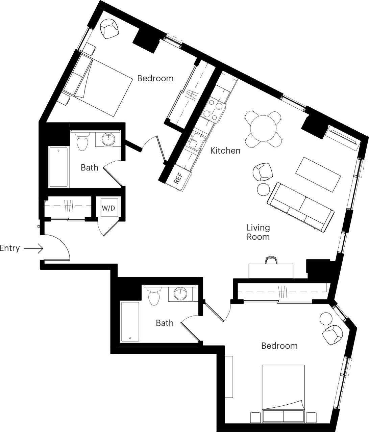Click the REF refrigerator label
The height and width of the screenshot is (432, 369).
(178, 178)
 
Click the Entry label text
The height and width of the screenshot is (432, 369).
(10, 248)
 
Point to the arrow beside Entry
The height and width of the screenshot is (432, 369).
(34, 249)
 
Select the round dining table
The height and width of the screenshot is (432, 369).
(263, 129)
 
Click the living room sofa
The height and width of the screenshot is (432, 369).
(301, 207)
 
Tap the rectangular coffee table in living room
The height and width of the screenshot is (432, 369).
(318, 174)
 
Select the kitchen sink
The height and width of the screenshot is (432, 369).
(196, 141)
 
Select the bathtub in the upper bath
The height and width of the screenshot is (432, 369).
(59, 167)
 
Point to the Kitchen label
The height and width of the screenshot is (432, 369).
(225, 151)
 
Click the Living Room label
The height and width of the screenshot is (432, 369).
(258, 232)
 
